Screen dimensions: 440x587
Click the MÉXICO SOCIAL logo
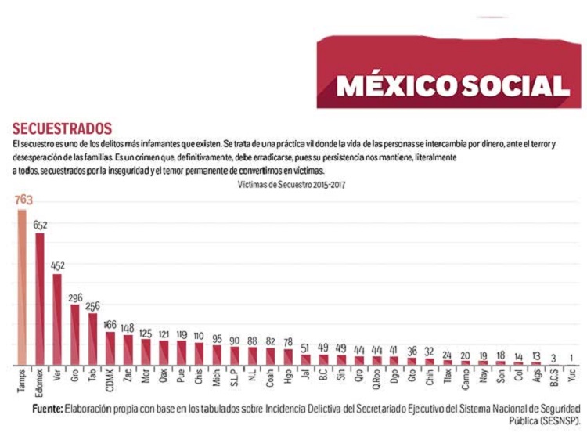click(x=453, y=85)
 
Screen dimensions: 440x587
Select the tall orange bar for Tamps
click(x=22, y=287)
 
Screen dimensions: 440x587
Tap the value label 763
click(x=23, y=200)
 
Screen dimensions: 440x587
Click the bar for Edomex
click(x=40, y=299)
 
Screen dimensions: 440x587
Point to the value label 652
click(x=40, y=225)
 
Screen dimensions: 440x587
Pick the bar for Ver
click(x=57, y=319)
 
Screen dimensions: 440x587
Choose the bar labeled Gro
click(x=75, y=335)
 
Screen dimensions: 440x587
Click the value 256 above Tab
click(x=93, y=306)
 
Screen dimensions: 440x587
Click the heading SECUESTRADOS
click(x=63, y=128)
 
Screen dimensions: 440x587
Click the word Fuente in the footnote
click(x=48, y=409)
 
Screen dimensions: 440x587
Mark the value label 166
click(x=110, y=325)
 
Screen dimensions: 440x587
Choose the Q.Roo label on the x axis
click(x=376, y=380)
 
